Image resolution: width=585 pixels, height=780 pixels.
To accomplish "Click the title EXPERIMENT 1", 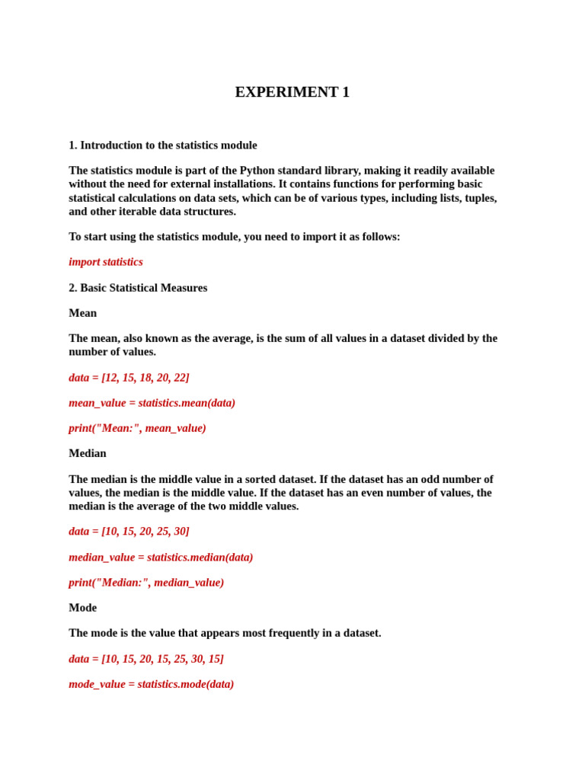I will (x=292, y=92).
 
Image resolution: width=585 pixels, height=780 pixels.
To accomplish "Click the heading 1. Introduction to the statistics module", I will (x=162, y=145).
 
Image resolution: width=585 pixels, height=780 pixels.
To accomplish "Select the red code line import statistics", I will (x=105, y=262).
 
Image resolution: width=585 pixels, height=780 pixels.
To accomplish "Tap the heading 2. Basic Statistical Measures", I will (x=138, y=288).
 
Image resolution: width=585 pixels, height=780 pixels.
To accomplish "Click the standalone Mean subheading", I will (x=82, y=313).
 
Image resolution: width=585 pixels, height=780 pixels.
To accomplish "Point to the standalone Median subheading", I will (x=87, y=453).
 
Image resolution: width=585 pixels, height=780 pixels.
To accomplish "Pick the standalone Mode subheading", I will (x=82, y=608).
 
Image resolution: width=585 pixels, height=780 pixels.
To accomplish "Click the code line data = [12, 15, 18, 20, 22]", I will (x=129, y=378).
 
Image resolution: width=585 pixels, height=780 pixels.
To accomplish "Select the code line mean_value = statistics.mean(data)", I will (x=152, y=403).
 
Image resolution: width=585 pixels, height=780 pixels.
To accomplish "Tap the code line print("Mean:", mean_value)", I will (x=137, y=428).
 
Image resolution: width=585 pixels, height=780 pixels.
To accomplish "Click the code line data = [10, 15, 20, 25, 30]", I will (x=129, y=531).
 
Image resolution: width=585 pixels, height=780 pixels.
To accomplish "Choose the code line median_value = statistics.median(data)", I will (x=161, y=557).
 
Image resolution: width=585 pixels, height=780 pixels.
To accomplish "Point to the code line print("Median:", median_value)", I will (x=146, y=583).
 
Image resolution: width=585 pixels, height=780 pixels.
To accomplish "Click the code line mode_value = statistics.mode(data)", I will (x=151, y=684).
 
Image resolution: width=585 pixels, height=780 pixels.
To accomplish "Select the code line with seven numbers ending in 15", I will (x=146, y=659).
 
